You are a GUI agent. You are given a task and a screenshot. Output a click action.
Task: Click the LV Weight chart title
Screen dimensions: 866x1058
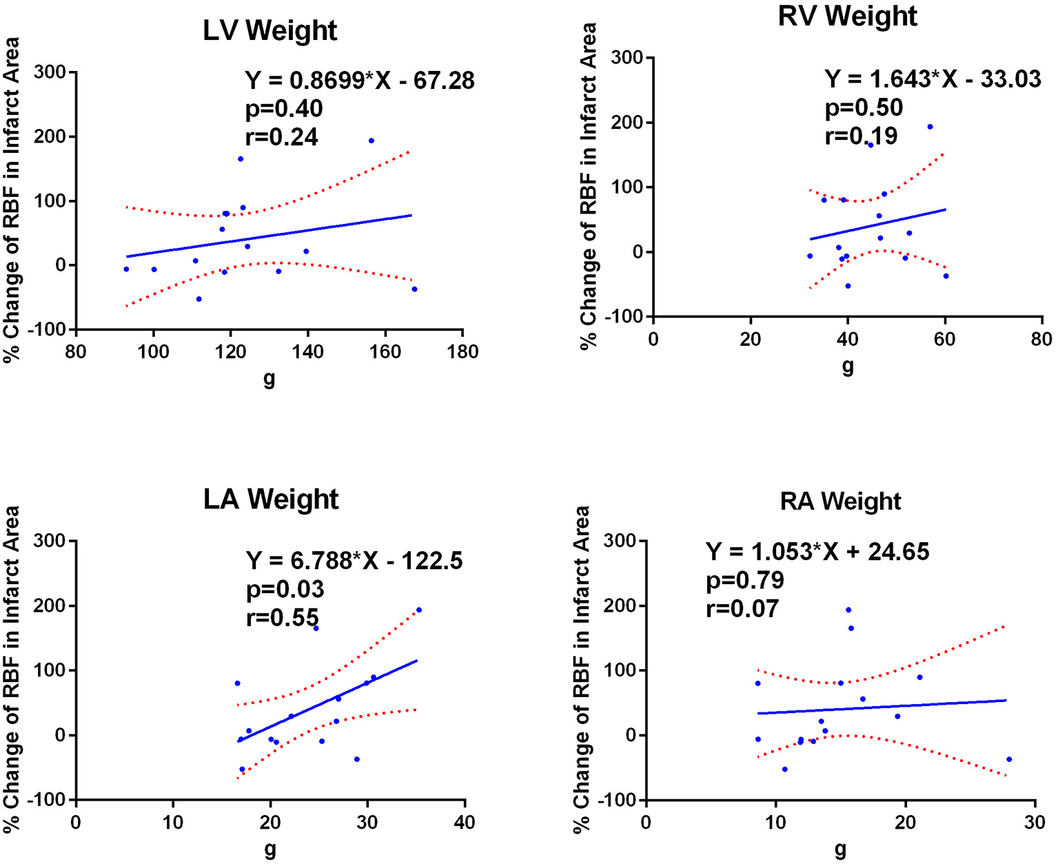(x=269, y=31)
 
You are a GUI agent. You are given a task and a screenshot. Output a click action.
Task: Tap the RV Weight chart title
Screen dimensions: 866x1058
(x=847, y=16)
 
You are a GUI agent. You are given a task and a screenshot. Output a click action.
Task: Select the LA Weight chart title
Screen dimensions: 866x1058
(x=270, y=499)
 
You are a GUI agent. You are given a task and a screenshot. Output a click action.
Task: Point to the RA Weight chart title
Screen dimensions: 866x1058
(x=840, y=501)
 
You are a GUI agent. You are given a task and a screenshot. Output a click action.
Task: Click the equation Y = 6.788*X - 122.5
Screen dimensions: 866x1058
(x=354, y=561)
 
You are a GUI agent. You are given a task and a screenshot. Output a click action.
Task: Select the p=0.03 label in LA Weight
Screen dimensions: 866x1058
(x=285, y=589)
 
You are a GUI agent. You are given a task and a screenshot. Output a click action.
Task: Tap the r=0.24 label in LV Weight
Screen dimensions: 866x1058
(x=282, y=137)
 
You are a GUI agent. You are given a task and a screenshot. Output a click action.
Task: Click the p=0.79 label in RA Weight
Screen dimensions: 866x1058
(x=745, y=580)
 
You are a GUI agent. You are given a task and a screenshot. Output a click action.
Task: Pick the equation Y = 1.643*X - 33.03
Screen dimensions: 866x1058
(x=933, y=79)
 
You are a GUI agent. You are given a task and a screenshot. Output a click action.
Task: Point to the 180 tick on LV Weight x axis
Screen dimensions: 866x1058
(x=462, y=352)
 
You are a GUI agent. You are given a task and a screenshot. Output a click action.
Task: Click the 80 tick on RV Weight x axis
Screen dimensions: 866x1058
(x=1041, y=339)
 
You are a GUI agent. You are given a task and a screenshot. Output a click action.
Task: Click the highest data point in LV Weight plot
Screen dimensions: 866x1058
(x=371, y=141)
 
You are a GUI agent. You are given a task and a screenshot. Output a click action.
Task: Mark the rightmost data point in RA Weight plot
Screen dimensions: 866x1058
(x=1009, y=759)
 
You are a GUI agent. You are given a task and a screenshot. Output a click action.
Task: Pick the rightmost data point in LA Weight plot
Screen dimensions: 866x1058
(x=418, y=610)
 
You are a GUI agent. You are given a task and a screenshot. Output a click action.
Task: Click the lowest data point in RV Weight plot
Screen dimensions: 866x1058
(x=848, y=286)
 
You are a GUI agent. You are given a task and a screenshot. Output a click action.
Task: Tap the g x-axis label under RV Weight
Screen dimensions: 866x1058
(x=847, y=366)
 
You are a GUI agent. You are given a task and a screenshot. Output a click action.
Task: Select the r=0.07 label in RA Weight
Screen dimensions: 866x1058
(x=742, y=609)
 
